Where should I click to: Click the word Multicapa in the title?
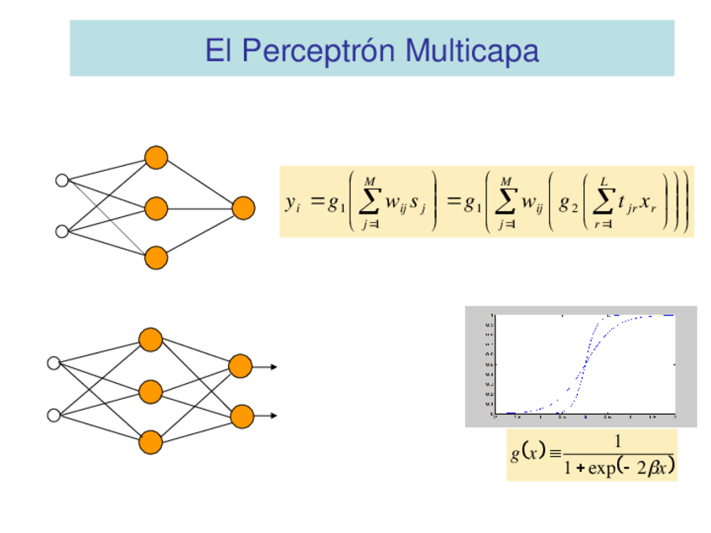point(471,51)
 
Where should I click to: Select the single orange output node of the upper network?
point(243,208)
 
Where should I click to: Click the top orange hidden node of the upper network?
point(156,158)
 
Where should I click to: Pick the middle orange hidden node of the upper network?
point(156,208)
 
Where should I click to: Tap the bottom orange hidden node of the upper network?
point(156,257)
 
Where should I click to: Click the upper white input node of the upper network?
point(61,180)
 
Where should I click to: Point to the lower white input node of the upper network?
point(61,231)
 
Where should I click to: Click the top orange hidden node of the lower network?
point(151,339)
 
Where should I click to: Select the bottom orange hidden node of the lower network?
point(151,442)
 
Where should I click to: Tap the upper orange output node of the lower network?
point(241,366)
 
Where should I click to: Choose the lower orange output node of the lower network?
point(241,416)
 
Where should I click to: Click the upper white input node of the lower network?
point(54,363)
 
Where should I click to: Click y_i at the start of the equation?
point(293,203)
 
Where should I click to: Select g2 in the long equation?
point(568,203)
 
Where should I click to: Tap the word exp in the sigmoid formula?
point(600,468)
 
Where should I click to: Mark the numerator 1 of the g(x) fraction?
point(618,442)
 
